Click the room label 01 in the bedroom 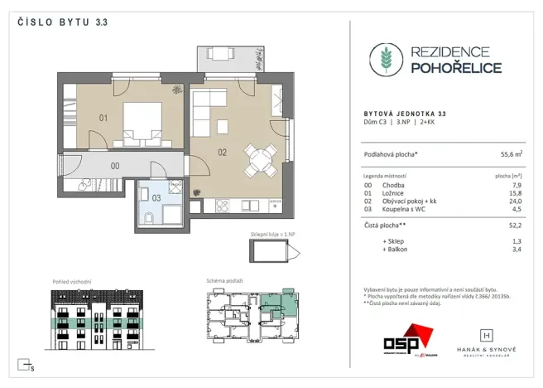pos(103,118)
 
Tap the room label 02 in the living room pos(222,152)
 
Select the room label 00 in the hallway pos(115,165)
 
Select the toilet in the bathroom pos(147,218)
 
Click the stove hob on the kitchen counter pos(222,205)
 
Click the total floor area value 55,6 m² pos(510,154)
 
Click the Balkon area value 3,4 pos(517,248)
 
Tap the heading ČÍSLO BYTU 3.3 pos(63,22)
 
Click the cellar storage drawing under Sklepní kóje pos(270,252)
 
